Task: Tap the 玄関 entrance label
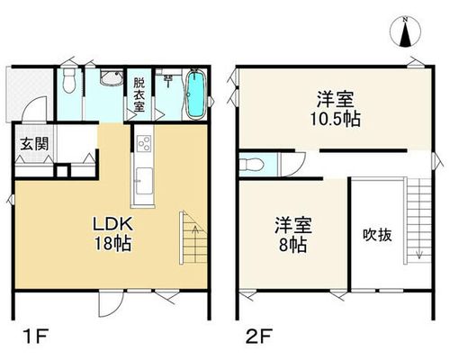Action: click(34, 145)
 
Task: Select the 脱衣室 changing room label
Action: click(139, 94)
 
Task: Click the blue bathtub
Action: click(196, 94)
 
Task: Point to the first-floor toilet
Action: click(69, 80)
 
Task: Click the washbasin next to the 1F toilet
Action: click(112, 78)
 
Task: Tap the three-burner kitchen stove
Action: click(144, 143)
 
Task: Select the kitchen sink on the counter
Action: click(144, 181)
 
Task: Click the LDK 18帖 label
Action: click(112, 234)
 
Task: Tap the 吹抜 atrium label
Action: click(377, 235)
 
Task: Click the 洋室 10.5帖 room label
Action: click(335, 109)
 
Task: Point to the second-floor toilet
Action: click(252, 165)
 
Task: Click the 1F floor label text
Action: click(35, 337)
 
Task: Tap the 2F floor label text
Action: click(259, 337)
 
